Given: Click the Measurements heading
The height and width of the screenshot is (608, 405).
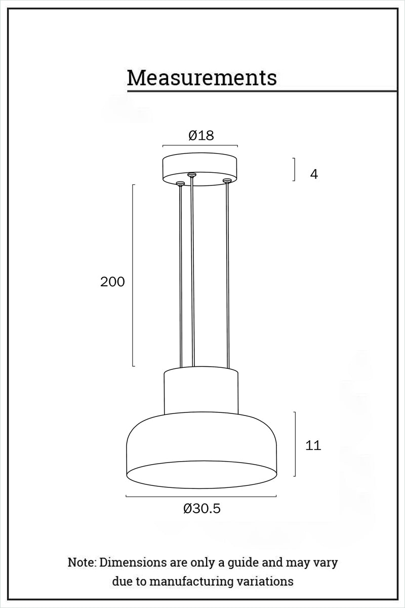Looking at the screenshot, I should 201,78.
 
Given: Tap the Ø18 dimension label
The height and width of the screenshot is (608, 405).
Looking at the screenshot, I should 201,135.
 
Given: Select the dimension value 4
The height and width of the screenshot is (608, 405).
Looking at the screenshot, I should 314,174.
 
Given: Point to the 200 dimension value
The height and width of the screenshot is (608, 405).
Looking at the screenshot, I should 112,282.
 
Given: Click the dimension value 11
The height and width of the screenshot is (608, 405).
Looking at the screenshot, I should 313,445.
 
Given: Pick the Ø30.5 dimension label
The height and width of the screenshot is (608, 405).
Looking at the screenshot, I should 201,509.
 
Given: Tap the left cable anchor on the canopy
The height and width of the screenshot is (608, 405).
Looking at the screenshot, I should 180,183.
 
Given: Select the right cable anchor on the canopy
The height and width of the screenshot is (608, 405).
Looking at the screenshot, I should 227,180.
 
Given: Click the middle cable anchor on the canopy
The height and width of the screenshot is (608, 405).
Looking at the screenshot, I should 191,175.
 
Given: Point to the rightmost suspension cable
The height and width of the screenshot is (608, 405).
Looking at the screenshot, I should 227,274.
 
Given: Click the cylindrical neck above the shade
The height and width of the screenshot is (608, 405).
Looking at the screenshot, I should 201,390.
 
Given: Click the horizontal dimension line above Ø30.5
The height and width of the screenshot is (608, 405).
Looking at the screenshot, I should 201,497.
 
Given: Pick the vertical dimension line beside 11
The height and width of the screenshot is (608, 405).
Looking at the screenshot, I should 295,444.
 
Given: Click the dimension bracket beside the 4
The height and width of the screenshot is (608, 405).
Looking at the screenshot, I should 295,169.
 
